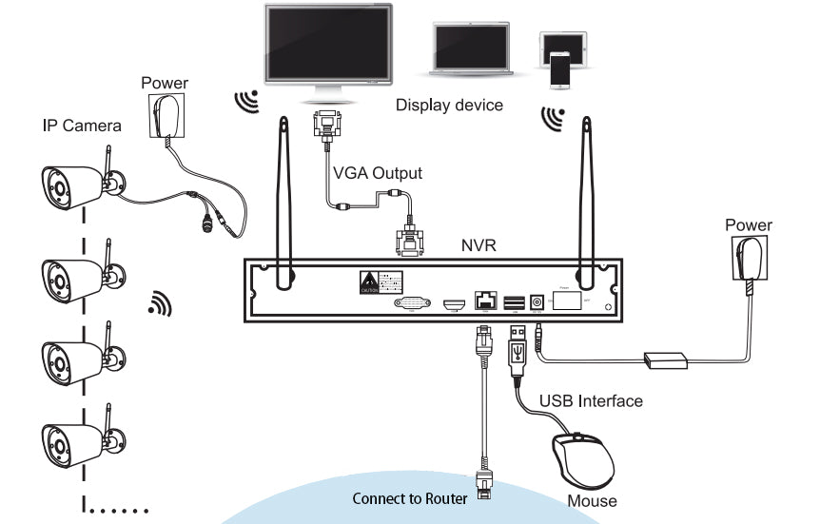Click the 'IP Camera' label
coord(81,125)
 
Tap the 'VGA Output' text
coord(377,174)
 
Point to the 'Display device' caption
coord(449,105)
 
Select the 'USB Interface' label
coord(591,400)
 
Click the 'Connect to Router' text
coord(409,498)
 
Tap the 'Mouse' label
coord(592,500)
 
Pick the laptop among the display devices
coord(474,49)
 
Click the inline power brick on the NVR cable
coord(666,360)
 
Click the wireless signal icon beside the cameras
coord(161,304)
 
